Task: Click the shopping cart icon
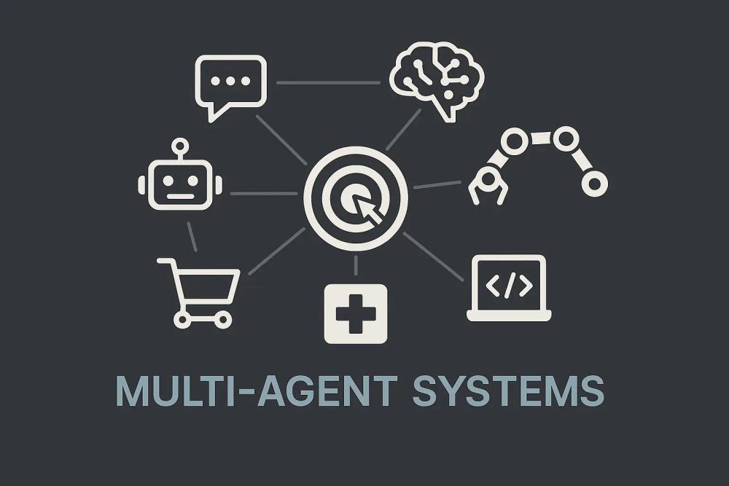tap(198, 290)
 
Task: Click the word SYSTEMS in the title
tap(507, 391)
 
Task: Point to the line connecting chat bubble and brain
tap(328, 82)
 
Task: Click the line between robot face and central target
tap(263, 193)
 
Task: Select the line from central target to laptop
tap(433, 256)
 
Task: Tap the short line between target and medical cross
tap(356, 265)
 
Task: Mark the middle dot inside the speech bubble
tap(230, 80)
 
